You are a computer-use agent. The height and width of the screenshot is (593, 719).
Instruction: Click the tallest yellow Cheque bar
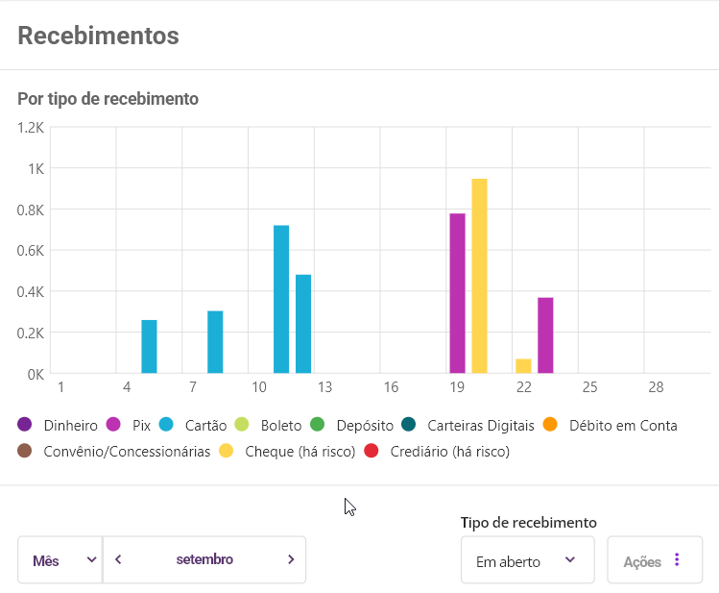(480, 276)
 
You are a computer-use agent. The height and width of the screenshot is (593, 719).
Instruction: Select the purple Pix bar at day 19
(458, 293)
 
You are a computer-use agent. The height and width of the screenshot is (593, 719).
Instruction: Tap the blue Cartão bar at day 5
(149, 346)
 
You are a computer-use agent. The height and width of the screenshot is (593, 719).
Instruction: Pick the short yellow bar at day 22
(523, 366)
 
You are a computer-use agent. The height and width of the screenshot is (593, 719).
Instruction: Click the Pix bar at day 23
(545, 335)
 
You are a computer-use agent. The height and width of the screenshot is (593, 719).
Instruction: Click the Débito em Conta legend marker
(550, 425)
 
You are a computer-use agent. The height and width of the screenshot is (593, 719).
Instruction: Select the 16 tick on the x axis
(391, 386)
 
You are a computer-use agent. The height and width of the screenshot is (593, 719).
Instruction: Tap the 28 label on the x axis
(656, 386)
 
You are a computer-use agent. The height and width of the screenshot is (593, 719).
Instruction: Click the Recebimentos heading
(98, 36)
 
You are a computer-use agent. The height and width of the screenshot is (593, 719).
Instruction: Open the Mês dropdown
(60, 559)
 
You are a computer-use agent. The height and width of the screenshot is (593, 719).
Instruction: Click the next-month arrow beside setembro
(291, 559)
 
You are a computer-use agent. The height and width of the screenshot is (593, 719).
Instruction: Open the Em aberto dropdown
(527, 560)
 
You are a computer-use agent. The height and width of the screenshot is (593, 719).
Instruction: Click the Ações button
(655, 560)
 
